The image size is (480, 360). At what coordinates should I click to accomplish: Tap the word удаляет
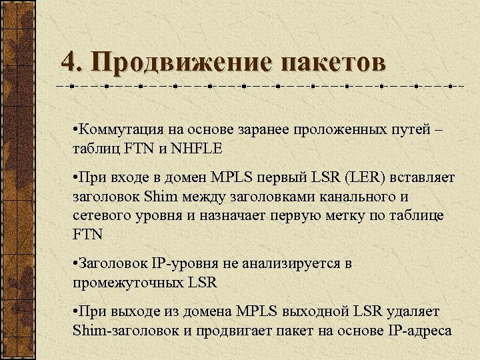coord(412,311)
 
